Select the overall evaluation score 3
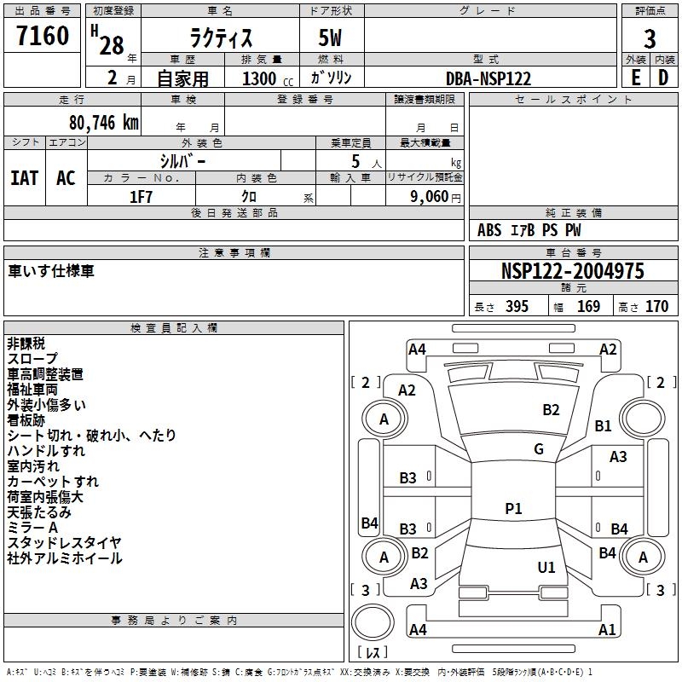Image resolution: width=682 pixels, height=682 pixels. (650, 38)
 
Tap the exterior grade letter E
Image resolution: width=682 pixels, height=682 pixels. (635, 78)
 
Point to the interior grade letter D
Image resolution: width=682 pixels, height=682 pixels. (662, 78)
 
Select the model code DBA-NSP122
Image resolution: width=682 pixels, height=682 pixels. (488, 78)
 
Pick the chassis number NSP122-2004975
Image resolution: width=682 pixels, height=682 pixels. (573, 272)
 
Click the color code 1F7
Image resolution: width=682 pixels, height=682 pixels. (141, 196)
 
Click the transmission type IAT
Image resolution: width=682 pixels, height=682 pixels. (25, 178)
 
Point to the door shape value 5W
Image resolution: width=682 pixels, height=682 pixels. (331, 39)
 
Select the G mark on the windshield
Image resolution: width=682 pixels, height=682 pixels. (539, 449)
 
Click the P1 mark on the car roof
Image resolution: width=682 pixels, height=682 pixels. (513, 509)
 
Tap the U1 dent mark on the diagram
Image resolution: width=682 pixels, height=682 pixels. (546, 567)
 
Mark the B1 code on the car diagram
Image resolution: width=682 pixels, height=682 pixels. (604, 426)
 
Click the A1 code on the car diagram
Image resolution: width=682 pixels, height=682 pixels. (607, 630)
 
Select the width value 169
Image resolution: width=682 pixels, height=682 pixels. (588, 307)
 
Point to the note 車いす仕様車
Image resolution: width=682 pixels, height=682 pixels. (51, 271)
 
